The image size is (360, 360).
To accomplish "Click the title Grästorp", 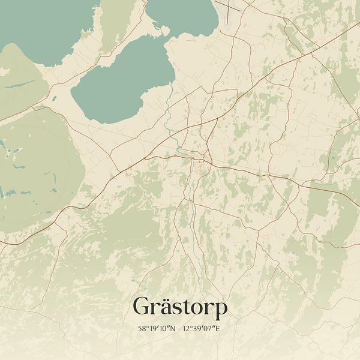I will (180, 307).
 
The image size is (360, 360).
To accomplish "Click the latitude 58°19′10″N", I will (155, 329).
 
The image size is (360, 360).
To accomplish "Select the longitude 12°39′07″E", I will (204, 329).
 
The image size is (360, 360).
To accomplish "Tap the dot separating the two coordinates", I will (180, 329).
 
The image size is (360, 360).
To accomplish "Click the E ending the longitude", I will (220, 329).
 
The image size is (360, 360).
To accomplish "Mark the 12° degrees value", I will (191, 329).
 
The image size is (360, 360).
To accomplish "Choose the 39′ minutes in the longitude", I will (202, 329).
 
